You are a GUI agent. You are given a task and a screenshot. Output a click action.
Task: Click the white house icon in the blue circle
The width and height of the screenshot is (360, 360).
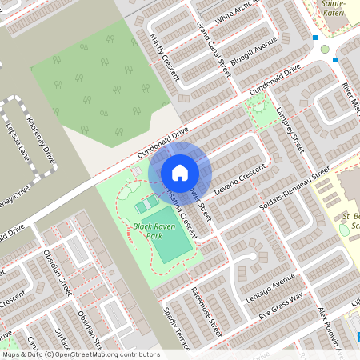point(180,172)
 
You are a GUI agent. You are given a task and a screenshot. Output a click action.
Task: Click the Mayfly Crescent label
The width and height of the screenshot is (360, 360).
point(163,56)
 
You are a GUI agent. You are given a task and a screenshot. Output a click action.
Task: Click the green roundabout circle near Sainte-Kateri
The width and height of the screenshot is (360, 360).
point(325,50)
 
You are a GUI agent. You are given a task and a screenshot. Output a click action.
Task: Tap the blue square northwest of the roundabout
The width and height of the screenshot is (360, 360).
point(315,38)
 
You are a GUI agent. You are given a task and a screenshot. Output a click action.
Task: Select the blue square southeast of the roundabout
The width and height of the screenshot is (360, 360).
point(335,60)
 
